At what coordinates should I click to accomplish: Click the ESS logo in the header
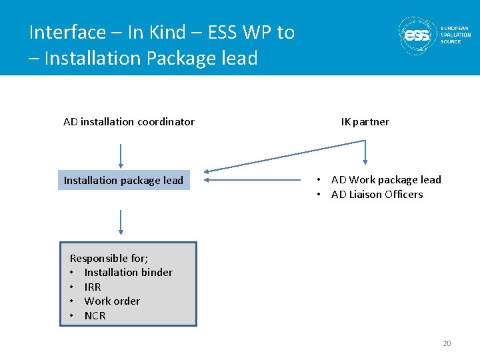(x=418, y=35)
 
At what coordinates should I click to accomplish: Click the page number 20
(x=447, y=343)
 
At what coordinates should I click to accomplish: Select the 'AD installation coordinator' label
(x=129, y=121)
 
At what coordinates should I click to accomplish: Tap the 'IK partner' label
(x=365, y=121)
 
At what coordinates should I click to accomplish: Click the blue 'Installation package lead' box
(x=124, y=180)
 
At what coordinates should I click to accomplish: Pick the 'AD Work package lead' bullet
(x=385, y=179)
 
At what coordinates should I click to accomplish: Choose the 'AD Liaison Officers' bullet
(x=377, y=194)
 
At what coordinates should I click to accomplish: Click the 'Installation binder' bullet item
(x=128, y=272)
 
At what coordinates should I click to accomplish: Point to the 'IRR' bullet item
(x=93, y=287)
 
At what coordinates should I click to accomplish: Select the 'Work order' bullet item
(x=112, y=301)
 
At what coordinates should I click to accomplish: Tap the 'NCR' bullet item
(x=95, y=315)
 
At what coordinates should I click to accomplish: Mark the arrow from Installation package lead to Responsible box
(x=121, y=221)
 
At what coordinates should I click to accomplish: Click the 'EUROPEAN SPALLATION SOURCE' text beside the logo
(x=455, y=35)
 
